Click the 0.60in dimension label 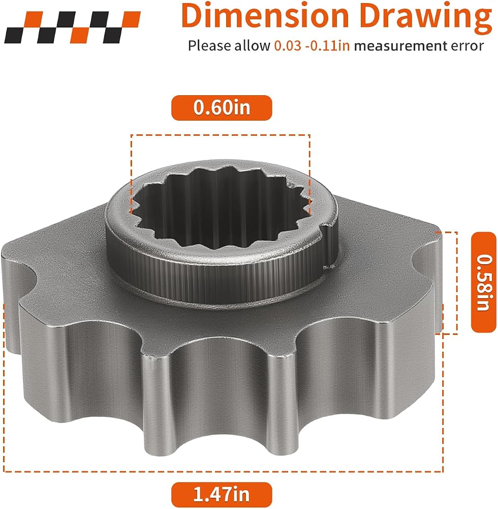click(x=222, y=108)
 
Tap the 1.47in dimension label click(x=222, y=494)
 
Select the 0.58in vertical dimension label click(x=483, y=282)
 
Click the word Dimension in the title click(x=266, y=16)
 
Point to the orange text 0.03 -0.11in click(x=312, y=46)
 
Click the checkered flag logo click(x=72, y=27)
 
